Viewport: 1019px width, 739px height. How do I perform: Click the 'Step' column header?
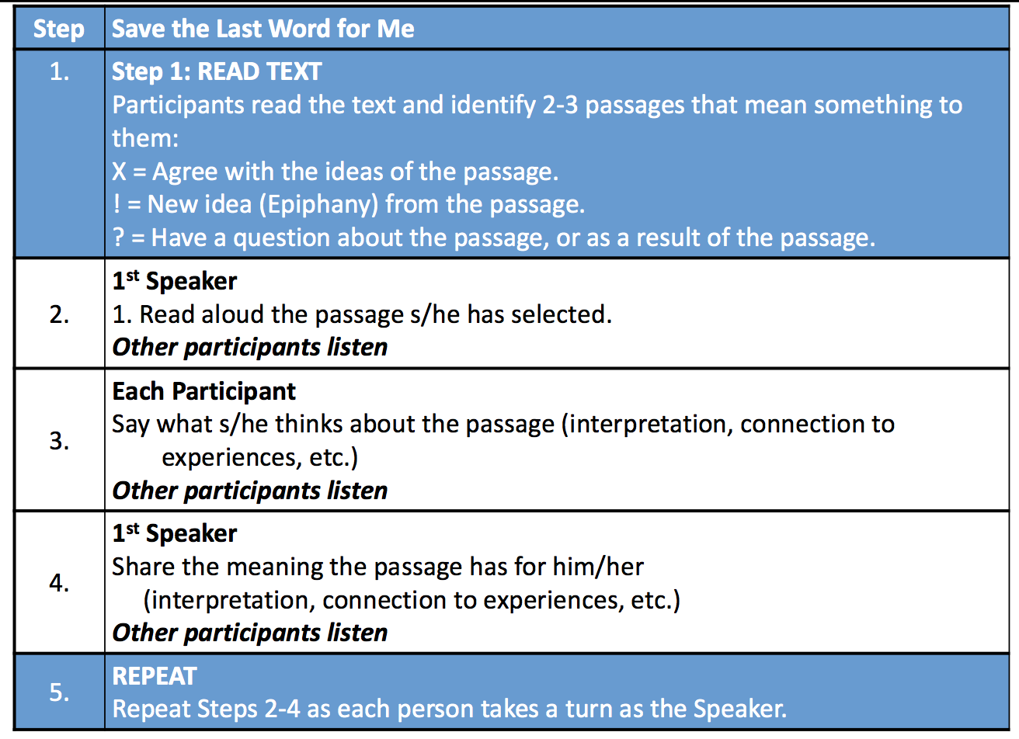(x=59, y=29)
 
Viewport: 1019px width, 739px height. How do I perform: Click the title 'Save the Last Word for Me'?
(x=263, y=29)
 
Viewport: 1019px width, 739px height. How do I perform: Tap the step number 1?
(x=59, y=71)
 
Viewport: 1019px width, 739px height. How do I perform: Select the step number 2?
(x=59, y=314)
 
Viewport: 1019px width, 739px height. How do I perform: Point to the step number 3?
(x=59, y=440)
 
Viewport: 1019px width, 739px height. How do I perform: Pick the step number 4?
(x=59, y=582)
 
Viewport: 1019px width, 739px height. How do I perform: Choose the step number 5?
(x=59, y=692)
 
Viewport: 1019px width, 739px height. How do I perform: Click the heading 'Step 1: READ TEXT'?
(x=217, y=71)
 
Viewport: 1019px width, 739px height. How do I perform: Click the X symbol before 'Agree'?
(x=119, y=172)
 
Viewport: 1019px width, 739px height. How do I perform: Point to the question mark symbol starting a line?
(x=118, y=238)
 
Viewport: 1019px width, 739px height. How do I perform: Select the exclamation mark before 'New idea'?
(x=117, y=204)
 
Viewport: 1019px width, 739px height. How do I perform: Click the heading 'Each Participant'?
(x=203, y=391)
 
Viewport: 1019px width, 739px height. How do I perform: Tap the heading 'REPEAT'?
(x=155, y=676)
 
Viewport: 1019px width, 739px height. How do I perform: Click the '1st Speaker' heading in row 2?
(x=175, y=281)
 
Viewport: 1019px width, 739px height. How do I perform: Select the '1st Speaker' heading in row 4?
(x=175, y=533)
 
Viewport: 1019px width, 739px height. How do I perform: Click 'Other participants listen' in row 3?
(x=249, y=491)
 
